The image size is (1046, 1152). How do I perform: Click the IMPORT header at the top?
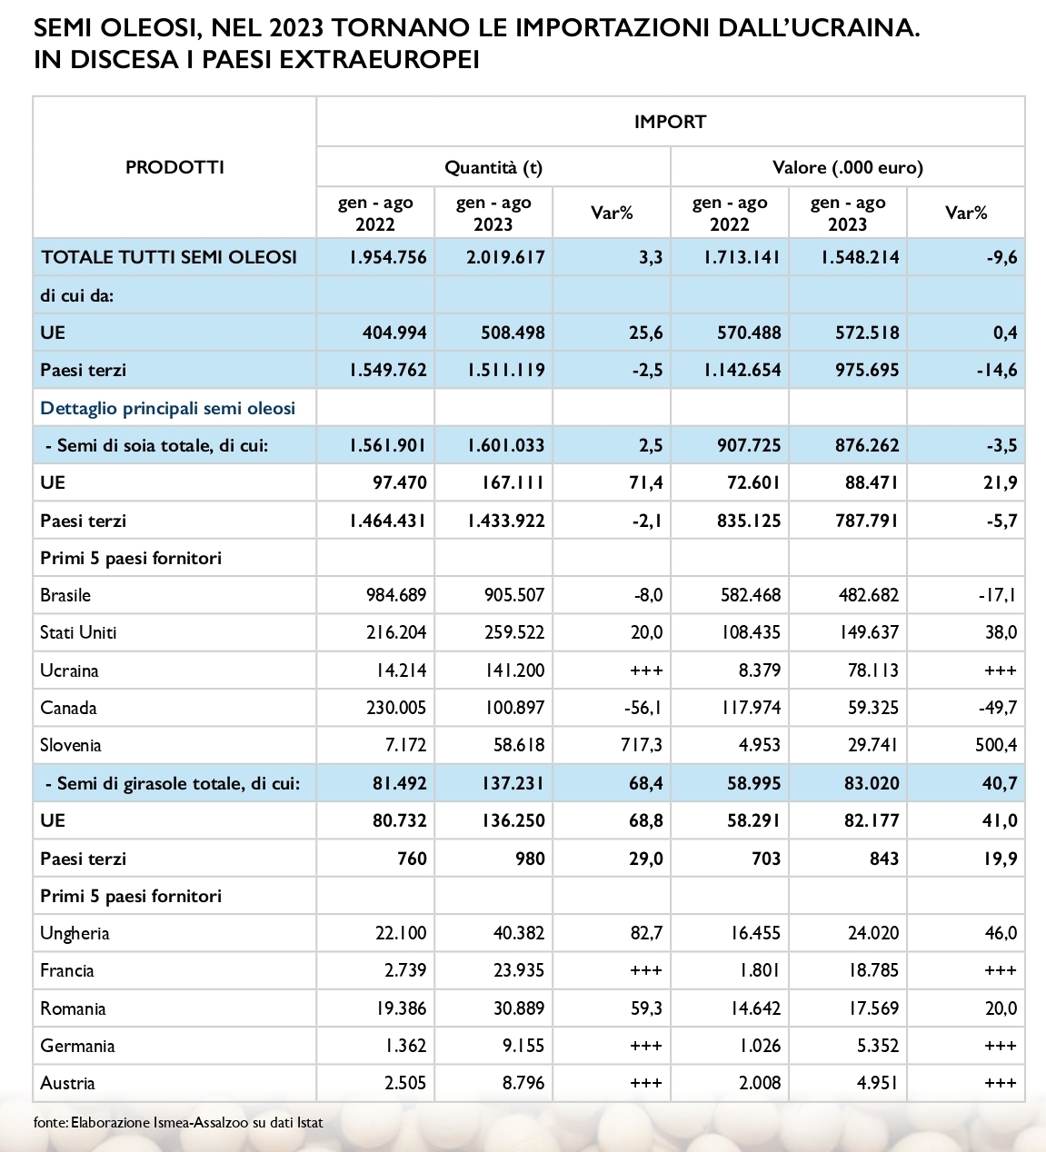[x=670, y=122]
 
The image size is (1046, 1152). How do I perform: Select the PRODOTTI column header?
[x=174, y=167]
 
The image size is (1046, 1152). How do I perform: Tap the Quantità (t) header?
[x=493, y=167]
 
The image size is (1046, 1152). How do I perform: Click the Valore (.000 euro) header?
[x=847, y=167]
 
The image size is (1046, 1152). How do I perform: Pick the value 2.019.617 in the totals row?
[x=505, y=257]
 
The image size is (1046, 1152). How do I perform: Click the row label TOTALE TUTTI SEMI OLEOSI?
[x=169, y=257]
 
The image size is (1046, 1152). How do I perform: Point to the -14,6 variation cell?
[x=1001, y=370]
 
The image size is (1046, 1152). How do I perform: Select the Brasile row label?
[x=65, y=595]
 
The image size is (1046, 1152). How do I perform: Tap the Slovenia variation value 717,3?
[x=641, y=745]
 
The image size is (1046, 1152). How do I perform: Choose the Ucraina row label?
[x=69, y=670]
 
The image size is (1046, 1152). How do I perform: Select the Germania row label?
[x=77, y=1046]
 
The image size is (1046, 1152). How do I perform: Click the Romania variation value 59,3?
[x=645, y=1008]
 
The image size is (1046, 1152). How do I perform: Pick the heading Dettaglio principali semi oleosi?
[x=168, y=408]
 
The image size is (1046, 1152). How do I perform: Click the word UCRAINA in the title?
[x=841, y=28]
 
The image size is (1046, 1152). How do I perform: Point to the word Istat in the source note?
[x=310, y=1123]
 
